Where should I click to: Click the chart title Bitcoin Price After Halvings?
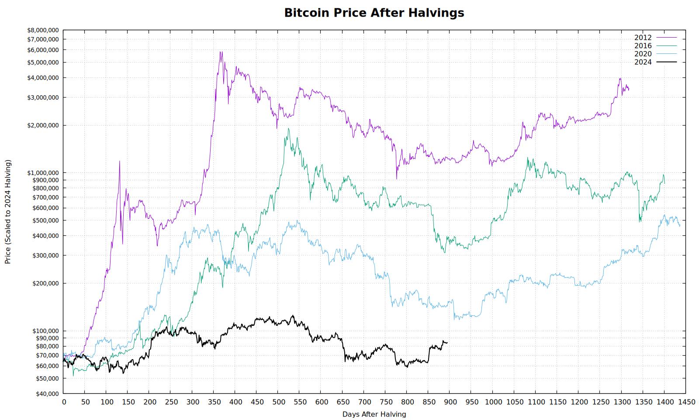[374, 13]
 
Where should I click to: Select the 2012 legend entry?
[655, 38]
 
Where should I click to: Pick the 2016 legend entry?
[655, 45]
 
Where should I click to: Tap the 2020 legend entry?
[655, 54]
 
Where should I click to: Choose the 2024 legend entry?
[655, 62]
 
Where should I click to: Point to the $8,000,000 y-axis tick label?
[43, 30]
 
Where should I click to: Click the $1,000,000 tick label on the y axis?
[43, 173]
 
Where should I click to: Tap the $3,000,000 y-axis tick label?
[43, 98]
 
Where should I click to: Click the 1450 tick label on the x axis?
[685, 402]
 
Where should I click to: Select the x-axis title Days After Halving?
[374, 414]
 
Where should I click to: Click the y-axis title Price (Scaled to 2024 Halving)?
[8, 212]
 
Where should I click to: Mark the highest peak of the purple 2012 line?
[221, 52]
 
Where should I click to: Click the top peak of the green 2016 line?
[288, 129]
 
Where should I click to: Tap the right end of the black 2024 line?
[447, 343]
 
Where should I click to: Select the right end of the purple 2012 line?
[629, 89]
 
